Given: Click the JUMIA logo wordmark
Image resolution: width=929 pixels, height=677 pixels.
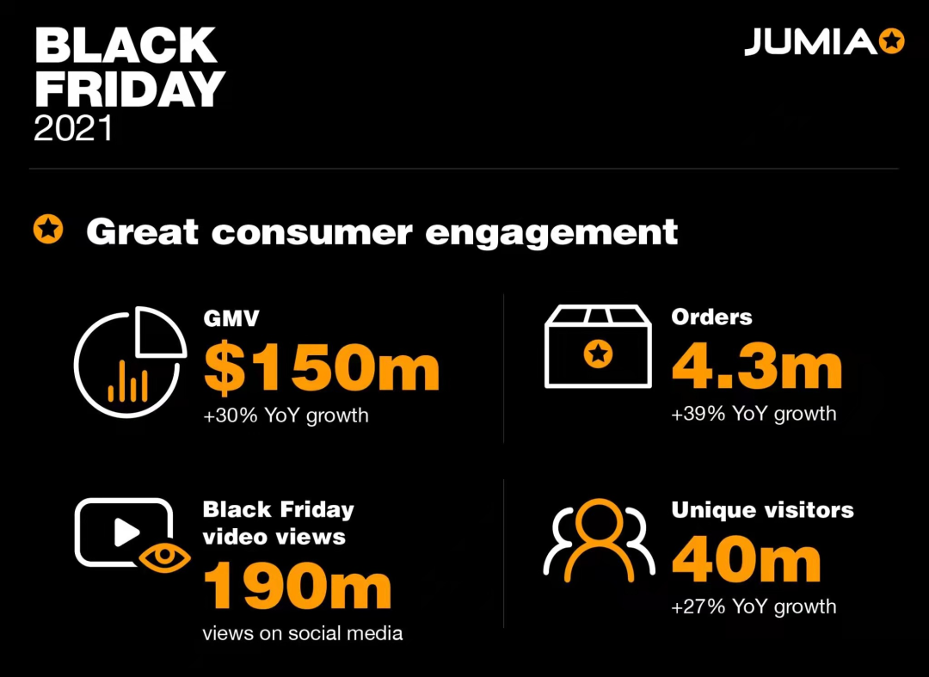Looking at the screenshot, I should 809,41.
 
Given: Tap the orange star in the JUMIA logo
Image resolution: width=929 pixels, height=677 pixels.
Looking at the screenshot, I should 892,41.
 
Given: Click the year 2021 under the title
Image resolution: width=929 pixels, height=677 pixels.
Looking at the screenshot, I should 73,128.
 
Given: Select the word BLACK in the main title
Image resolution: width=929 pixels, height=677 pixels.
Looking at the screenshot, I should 126,46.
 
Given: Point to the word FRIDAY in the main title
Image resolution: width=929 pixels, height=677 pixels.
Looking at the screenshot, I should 129,89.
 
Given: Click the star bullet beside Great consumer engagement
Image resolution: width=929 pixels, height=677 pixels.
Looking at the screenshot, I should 48,230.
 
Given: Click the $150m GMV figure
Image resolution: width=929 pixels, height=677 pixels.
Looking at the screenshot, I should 322,368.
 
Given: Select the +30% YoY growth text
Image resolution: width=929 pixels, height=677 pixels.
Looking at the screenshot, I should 286,415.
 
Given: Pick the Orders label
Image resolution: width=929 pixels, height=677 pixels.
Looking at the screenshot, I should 711,317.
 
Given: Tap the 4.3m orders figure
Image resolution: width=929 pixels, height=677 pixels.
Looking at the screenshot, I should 756,366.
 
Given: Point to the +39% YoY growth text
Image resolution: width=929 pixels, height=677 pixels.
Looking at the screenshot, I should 754,414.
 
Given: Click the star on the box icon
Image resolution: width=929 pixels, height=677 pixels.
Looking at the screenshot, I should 598,354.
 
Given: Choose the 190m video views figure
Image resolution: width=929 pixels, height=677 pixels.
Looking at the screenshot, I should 297,587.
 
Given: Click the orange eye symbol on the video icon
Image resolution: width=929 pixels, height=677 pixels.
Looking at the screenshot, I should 164,557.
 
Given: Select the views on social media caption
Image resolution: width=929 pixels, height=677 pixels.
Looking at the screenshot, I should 303,634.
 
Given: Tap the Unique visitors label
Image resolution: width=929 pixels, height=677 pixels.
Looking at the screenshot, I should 762,510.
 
